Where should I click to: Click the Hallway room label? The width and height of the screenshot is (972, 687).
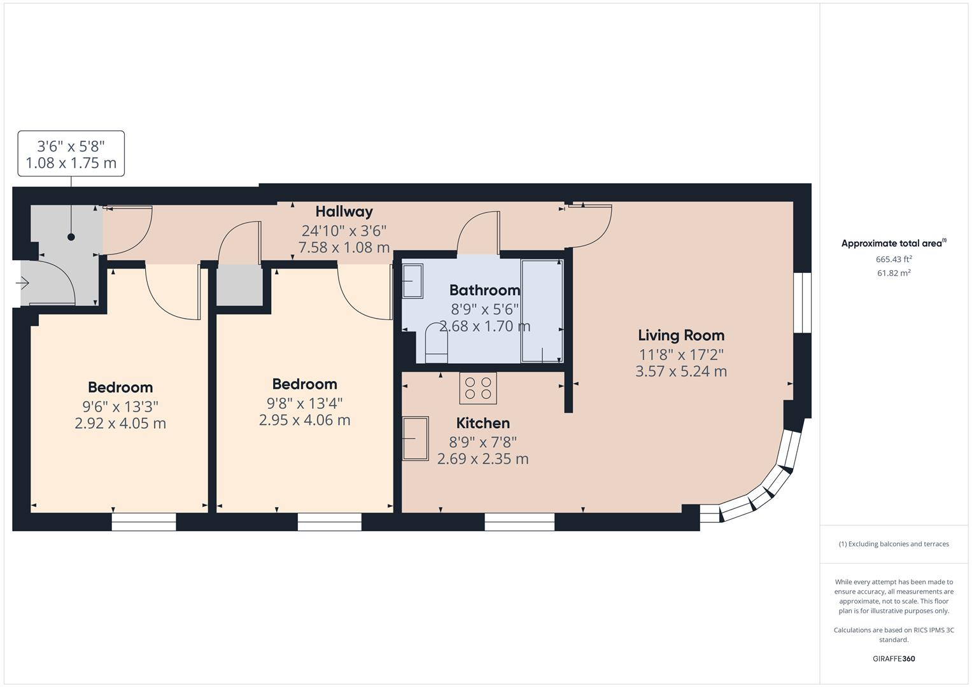tap(344, 211)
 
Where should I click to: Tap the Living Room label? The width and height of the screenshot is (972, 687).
tap(680, 335)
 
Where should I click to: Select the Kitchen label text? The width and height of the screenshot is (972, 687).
tap(482, 423)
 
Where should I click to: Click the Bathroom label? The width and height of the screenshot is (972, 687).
tap(484, 290)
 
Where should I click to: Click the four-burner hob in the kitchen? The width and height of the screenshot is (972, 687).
tap(478, 388)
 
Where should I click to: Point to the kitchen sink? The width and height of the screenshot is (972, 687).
tap(416, 438)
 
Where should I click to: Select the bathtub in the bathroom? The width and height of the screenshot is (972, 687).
tap(542, 310)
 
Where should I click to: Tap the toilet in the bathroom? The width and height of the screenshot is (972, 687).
tap(436, 344)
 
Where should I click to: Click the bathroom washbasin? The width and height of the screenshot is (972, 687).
tap(412, 281)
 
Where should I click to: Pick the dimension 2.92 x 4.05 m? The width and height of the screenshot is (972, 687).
tap(120, 423)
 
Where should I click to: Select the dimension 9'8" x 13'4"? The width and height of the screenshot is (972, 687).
tap(304, 403)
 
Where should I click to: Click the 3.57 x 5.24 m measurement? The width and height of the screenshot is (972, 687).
tap(680, 371)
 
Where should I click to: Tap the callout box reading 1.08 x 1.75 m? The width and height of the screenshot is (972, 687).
tap(71, 154)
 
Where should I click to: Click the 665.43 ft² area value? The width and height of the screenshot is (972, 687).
tap(894, 259)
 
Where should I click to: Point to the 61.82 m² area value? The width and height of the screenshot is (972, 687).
tap(894, 273)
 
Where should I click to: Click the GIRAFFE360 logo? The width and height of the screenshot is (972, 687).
tap(894, 658)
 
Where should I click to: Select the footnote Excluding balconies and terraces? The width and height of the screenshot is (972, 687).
tap(894, 544)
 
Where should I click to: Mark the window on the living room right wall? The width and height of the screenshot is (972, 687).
tap(802, 303)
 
